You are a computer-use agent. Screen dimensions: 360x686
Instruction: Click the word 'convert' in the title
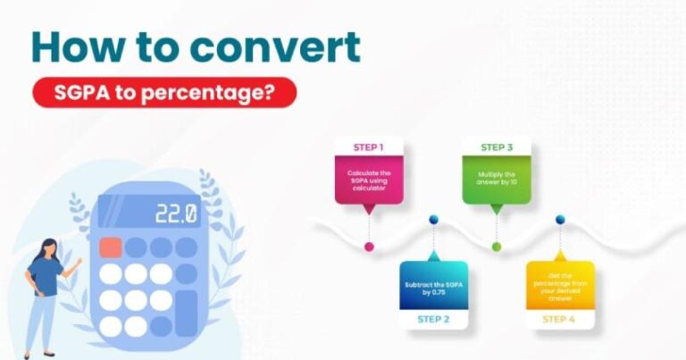point(272,47)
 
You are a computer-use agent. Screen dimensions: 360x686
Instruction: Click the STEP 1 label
point(369,147)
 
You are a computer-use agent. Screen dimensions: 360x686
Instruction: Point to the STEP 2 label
point(433,319)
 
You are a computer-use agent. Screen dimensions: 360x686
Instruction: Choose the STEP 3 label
point(497,147)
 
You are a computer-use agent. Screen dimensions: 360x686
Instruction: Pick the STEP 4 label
point(560,319)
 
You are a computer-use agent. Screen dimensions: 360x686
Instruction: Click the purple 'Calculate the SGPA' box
point(369,180)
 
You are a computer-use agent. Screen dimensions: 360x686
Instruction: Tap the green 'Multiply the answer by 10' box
point(497,180)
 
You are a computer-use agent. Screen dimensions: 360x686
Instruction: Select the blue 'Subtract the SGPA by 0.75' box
point(433,284)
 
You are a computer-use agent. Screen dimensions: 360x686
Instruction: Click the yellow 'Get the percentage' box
point(560,284)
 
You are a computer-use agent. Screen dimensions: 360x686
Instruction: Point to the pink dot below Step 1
point(369,246)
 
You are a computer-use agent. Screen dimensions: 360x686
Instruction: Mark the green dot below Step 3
point(497,246)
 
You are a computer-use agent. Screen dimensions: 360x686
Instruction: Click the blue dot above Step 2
point(433,219)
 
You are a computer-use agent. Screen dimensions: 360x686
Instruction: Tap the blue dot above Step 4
point(560,219)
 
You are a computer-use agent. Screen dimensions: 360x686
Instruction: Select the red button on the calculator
point(111,247)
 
